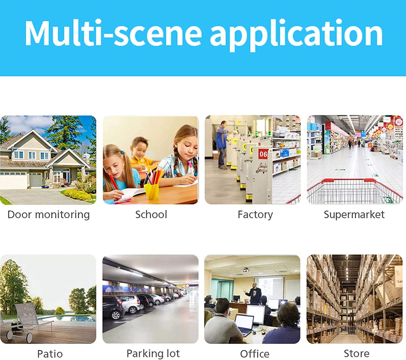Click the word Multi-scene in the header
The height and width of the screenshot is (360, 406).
[x=113, y=33]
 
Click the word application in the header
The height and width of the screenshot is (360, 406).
[x=296, y=35]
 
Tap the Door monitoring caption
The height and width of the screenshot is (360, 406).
[x=48, y=215]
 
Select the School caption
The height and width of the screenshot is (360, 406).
[x=151, y=214]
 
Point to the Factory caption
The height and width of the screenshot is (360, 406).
[x=255, y=215]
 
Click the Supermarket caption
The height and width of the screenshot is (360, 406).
[x=354, y=215]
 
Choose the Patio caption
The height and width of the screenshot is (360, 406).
[x=50, y=354]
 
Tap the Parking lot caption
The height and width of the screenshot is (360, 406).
[x=153, y=354]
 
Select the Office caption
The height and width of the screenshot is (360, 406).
[x=255, y=354]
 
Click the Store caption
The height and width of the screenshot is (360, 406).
[x=356, y=354]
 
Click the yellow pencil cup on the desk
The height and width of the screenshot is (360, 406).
[x=152, y=191]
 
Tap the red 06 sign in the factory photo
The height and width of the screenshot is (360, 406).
[x=263, y=154]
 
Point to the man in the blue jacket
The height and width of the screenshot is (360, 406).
[x=222, y=144]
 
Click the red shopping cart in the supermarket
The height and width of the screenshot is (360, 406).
[x=355, y=191]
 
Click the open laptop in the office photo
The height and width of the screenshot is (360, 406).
[x=244, y=325]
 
